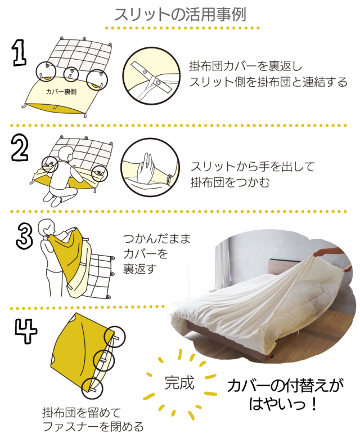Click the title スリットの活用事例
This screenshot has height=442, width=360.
pos(181,14)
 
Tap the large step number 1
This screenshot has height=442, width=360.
pos(20,53)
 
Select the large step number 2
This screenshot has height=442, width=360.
pos(20,148)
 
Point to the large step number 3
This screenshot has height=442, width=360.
pos(25,236)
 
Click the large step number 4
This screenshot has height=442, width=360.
pos(26,331)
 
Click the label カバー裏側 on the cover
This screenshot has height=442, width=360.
pos(61,92)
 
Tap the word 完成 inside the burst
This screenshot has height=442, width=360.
pos(179,383)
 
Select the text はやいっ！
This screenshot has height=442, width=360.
pos(283,403)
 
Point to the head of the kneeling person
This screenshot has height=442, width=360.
pos(65,154)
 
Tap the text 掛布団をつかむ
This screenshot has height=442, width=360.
pos(230,182)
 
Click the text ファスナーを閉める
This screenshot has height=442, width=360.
pos(93,427)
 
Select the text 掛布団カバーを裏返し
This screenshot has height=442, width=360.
pos(246,66)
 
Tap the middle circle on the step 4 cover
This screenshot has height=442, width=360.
pos(104,360)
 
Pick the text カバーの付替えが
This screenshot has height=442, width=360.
pos(285,386)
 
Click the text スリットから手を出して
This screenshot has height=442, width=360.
pos(253,167)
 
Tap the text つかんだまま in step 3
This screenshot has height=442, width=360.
pos(157,239)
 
